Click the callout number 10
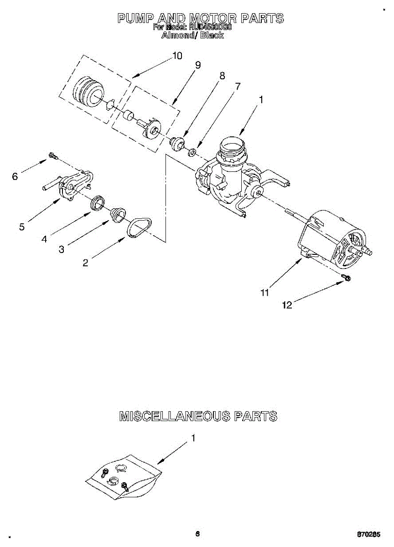(x=177, y=56)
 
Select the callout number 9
(x=197, y=65)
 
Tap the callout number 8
(x=222, y=76)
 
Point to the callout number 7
(x=237, y=86)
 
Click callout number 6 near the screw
(x=15, y=176)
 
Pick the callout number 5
(x=22, y=226)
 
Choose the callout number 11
(x=264, y=293)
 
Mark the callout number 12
(x=287, y=305)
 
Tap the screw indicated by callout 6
(x=52, y=157)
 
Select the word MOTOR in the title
(x=213, y=18)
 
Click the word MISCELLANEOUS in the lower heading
(x=175, y=416)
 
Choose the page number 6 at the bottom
(x=197, y=534)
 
